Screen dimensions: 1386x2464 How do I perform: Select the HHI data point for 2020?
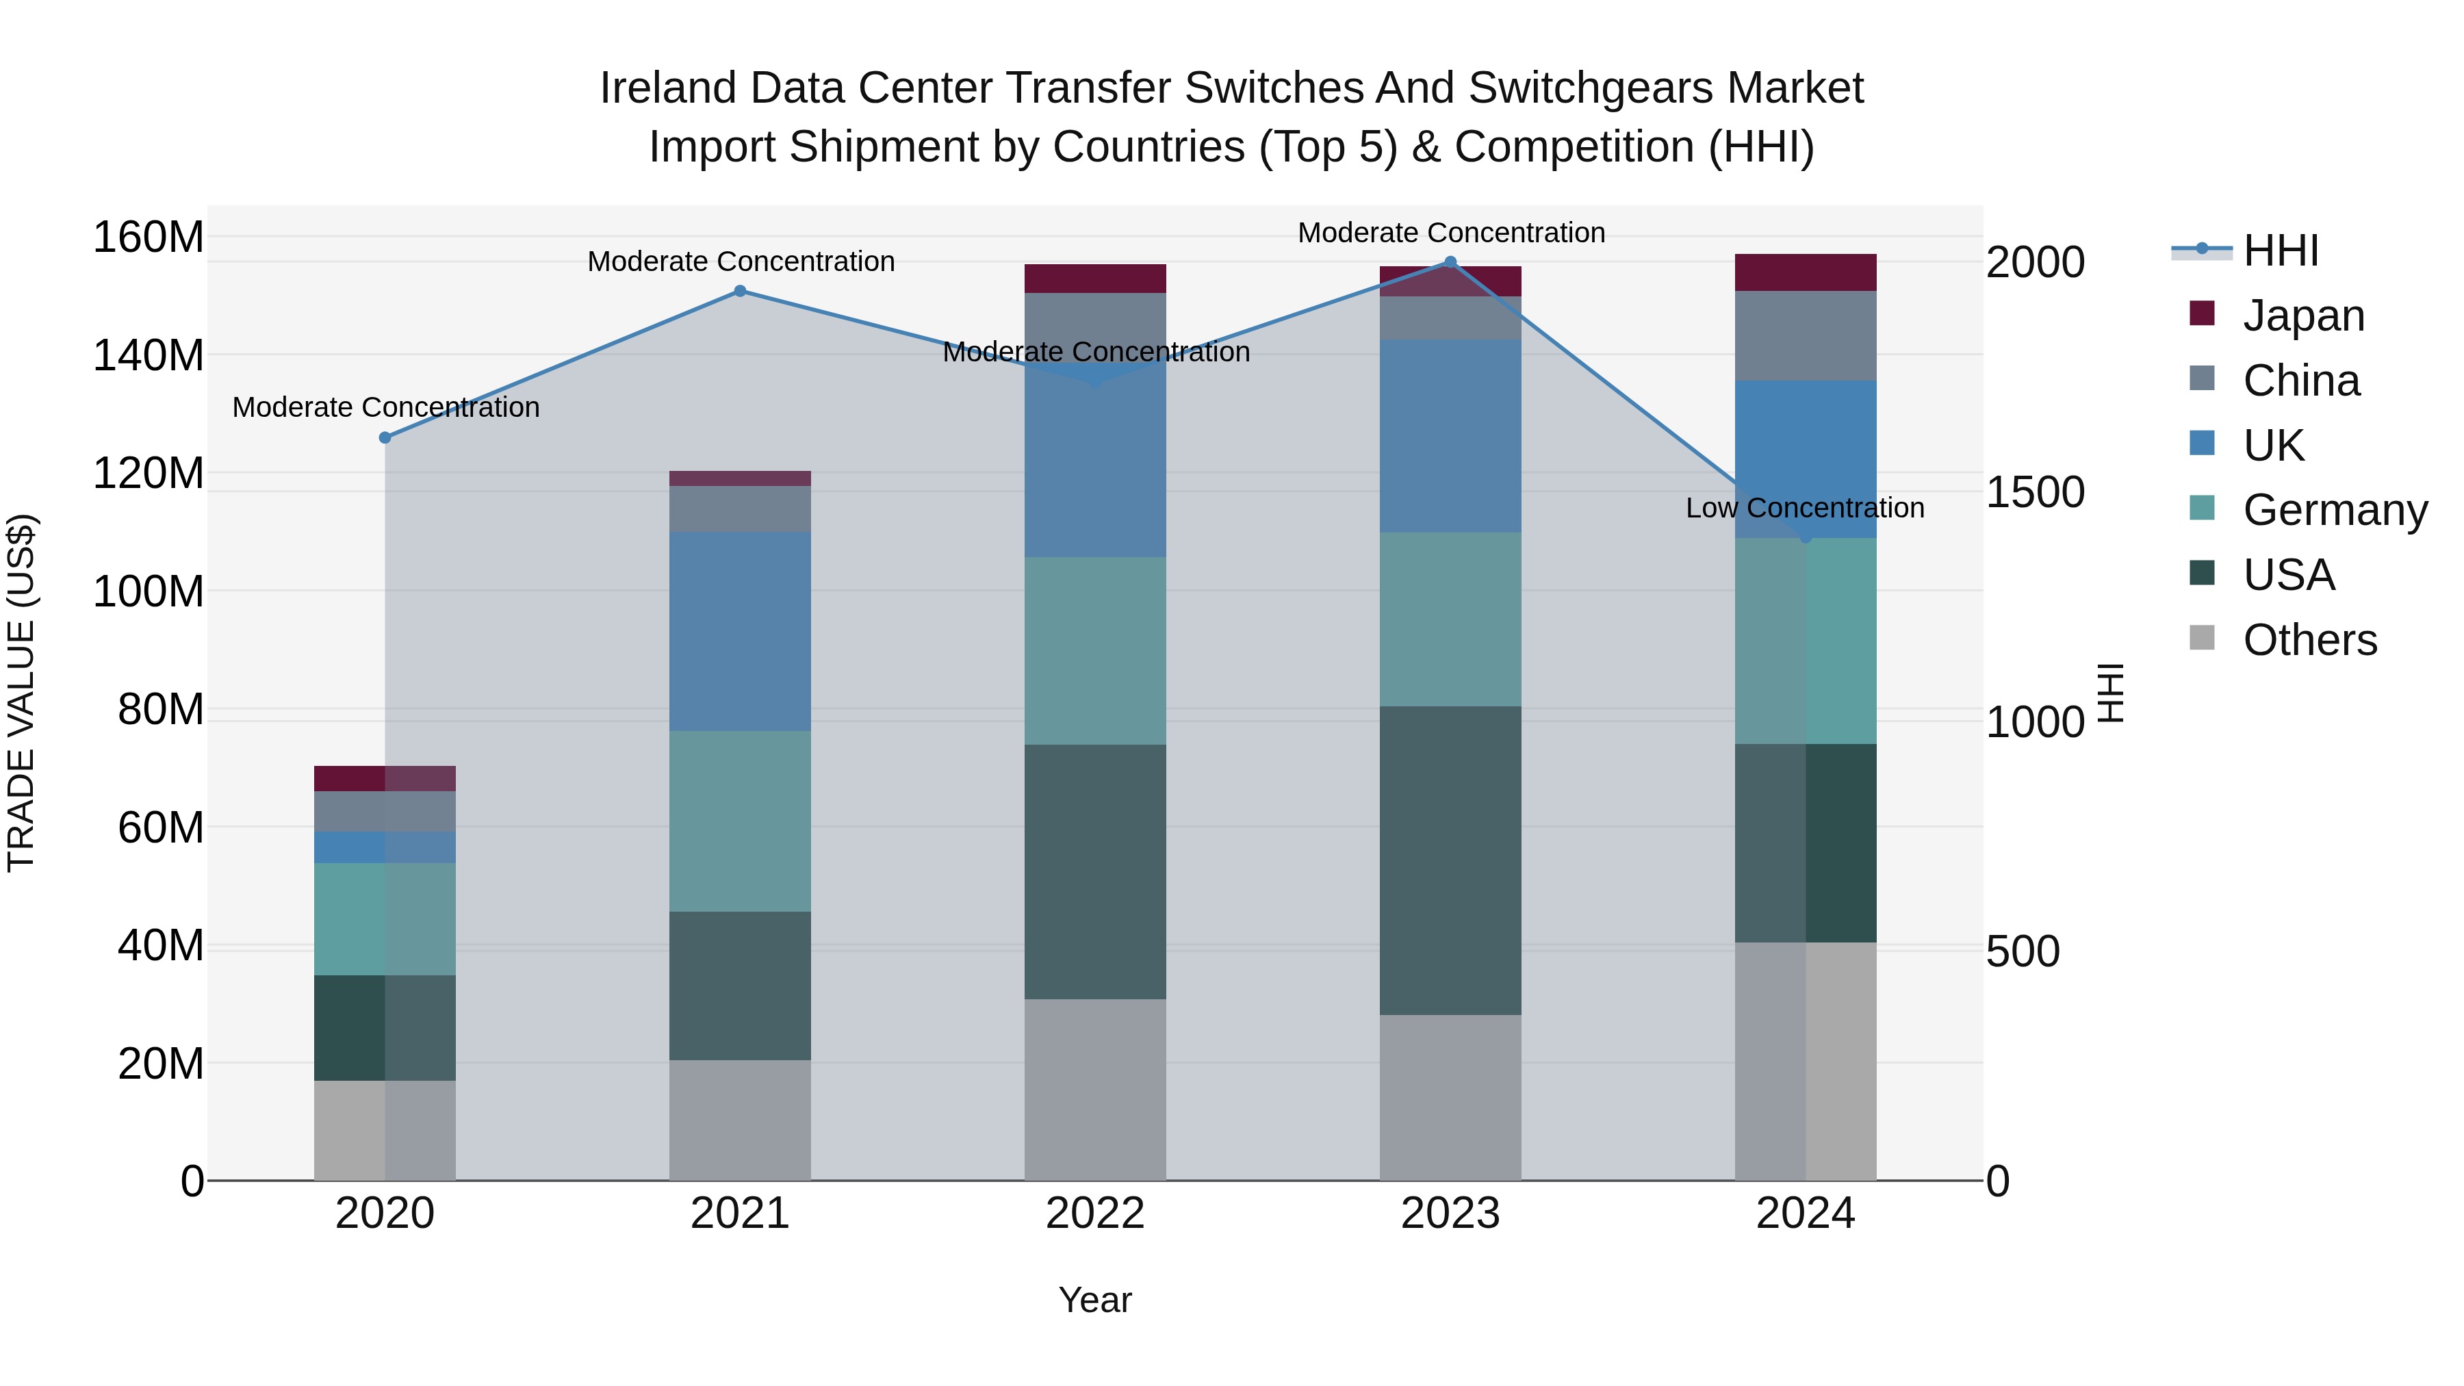(x=385, y=438)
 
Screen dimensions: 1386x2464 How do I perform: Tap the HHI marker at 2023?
(x=1450, y=262)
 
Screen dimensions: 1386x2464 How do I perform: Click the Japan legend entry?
(x=2302, y=316)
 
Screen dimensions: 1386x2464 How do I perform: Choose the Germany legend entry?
(x=2334, y=510)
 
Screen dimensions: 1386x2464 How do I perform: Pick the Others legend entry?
(x=2309, y=640)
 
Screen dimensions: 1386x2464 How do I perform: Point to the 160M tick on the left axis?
(x=149, y=238)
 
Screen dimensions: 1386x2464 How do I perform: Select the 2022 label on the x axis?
(x=1095, y=1214)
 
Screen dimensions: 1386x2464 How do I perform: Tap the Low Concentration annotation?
(x=1805, y=508)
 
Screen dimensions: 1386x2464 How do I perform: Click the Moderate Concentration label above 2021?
(x=741, y=261)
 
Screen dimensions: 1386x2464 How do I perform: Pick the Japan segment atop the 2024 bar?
(x=1805, y=272)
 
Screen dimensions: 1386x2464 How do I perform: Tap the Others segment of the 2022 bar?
(x=1095, y=1090)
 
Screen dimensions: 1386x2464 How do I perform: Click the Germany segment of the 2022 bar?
(x=1095, y=650)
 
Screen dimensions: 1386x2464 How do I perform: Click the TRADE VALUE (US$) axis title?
(x=21, y=693)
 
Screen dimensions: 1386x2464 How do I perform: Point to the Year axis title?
(x=1095, y=1300)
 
